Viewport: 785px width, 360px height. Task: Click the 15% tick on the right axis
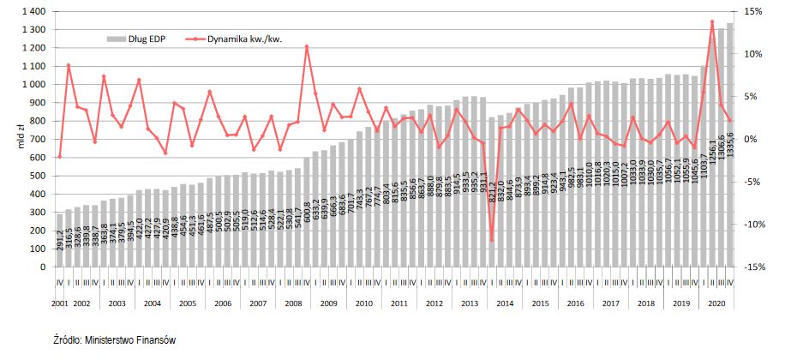click(x=753, y=12)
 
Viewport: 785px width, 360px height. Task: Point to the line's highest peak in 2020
click(x=712, y=21)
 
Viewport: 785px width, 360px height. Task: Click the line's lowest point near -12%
click(x=491, y=240)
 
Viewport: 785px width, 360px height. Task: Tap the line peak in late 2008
click(x=307, y=46)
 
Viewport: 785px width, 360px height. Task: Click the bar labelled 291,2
click(x=60, y=240)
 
